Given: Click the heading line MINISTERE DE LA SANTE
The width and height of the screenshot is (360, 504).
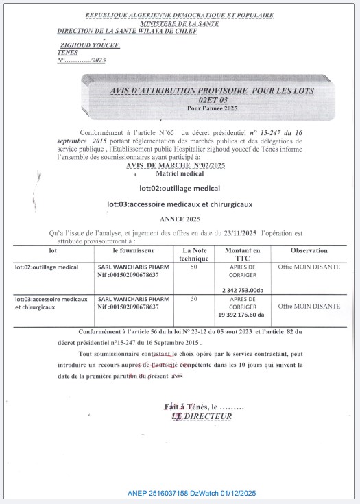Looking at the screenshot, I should (177, 23).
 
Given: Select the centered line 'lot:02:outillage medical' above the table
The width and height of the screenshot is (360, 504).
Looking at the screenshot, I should (180, 187).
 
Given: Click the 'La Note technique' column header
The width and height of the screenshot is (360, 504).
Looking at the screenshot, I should (193, 255).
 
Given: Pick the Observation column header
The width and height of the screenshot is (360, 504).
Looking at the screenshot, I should (309, 251).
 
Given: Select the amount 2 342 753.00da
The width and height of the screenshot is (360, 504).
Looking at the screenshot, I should (243, 290).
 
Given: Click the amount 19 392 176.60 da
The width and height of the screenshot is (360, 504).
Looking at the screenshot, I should (243, 315).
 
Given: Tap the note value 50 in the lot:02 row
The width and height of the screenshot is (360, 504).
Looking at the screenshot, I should (193, 267).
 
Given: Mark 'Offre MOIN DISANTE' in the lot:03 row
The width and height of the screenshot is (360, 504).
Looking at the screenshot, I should (309, 306).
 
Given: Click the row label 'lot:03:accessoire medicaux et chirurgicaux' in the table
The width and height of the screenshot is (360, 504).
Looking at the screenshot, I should (51, 304).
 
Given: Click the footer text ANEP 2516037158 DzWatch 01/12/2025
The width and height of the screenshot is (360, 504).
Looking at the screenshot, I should (191, 493).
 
